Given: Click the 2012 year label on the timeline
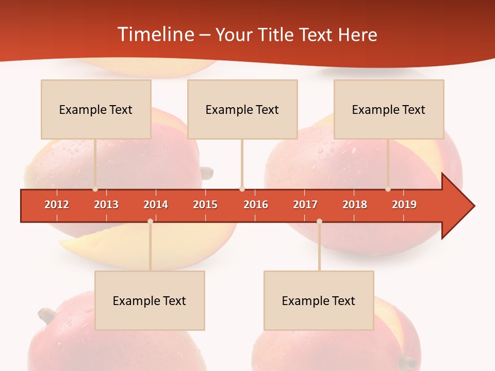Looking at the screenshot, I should coord(57,205).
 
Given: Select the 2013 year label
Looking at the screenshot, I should coord(106,205).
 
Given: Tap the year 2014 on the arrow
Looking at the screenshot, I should coord(156,205).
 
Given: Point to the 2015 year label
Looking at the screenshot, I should coord(205,205).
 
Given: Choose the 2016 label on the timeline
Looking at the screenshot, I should coord(256,205).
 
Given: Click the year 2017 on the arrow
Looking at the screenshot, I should coord(305,205).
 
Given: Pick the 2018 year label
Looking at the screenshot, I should coord(355,205).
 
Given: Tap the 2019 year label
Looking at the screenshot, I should coord(404,205).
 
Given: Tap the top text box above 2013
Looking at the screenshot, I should coord(96,109).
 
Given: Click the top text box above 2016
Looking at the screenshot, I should coord(242,109).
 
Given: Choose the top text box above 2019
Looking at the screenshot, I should coord(389,109).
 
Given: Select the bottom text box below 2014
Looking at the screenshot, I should coord(150,300).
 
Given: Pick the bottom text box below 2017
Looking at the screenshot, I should coord(319,300).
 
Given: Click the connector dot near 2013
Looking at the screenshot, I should coord(95,189).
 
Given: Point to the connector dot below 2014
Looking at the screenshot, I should coord(150,222).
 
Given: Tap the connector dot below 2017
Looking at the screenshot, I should coord(319,222).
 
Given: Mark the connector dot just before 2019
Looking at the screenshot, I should coord(388,189).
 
